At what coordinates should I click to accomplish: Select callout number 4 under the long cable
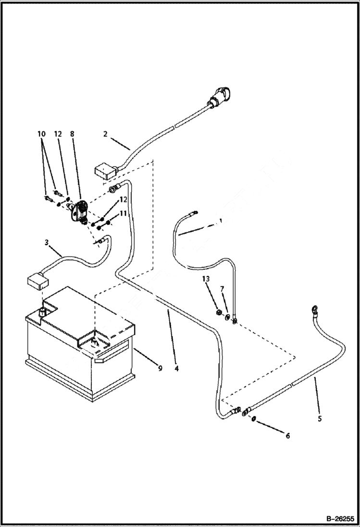[x=176, y=368]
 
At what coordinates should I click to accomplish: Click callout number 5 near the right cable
[x=320, y=418]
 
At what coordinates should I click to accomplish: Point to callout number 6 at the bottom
[x=288, y=436]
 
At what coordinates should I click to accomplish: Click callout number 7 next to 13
[x=222, y=289]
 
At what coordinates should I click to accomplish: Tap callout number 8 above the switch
[x=72, y=135]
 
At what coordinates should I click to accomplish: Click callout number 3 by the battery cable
[x=47, y=243]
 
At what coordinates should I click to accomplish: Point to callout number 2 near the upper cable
[x=105, y=134]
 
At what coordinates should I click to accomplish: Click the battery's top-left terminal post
[x=43, y=313]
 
